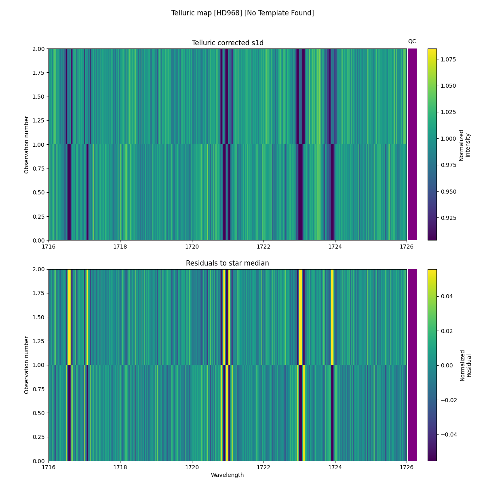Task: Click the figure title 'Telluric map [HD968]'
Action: click(242, 13)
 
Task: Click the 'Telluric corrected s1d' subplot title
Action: click(228, 43)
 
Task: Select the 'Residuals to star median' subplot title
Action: click(228, 264)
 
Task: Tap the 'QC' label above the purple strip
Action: click(412, 41)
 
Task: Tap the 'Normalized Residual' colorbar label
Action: click(466, 365)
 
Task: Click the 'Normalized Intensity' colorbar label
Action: click(464, 145)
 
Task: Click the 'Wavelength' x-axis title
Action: click(228, 475)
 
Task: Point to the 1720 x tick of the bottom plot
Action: click(192, 467)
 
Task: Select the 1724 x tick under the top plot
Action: click(335, 246)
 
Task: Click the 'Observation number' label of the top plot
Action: click(27, 145)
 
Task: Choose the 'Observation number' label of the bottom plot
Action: click(27, 365)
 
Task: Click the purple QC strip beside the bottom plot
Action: click(412, 365)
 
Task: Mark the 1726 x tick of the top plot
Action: click(406, 246)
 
